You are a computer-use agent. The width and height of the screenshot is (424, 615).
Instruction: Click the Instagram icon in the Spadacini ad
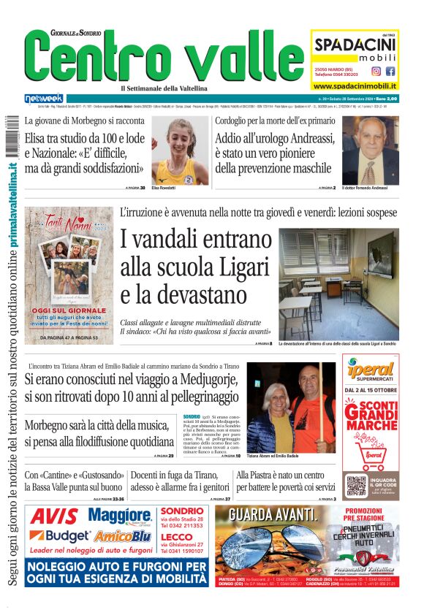coord(376,72)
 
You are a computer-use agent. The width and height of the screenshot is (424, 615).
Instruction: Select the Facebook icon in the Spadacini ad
coord(390,72)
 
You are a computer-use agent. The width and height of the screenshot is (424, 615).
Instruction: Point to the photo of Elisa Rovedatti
coord(179,151)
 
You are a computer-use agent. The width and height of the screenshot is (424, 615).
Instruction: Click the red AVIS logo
coord(55,517)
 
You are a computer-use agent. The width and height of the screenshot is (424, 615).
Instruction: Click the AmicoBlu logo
coord(125,536)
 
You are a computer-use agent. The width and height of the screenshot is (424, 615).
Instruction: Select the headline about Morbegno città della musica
coord(99,433)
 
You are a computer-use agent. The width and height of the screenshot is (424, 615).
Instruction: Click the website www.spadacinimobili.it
coord(355,86)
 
